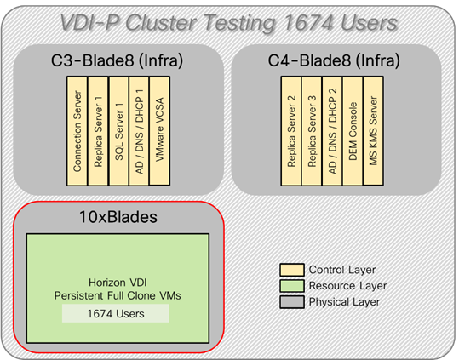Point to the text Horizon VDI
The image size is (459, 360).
coord(118,282)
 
